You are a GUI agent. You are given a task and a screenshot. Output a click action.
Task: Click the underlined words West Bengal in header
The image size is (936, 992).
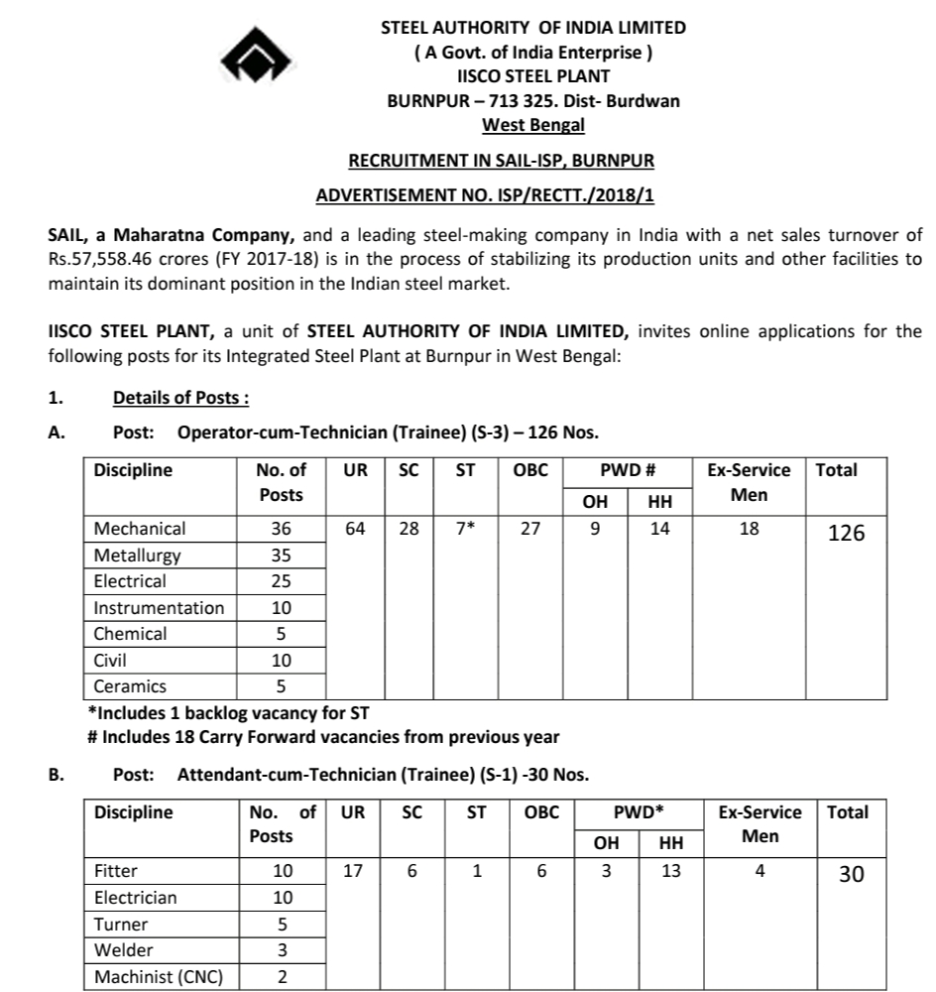pos(533,125)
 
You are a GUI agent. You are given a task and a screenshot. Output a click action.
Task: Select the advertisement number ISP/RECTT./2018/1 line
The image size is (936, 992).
pos(485,195)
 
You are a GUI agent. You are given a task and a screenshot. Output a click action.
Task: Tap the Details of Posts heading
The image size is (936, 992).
pos(179,398)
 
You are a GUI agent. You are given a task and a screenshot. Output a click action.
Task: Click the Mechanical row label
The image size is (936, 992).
pos(140,529)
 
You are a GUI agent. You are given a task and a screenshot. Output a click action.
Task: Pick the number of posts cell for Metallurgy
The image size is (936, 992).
pos(282,556)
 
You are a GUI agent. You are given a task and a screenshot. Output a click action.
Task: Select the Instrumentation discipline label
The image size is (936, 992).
pos(159,607)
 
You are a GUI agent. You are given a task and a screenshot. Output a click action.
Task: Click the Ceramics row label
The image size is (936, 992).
pos(130,685)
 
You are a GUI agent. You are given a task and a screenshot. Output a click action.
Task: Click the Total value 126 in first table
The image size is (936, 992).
pos(846,533)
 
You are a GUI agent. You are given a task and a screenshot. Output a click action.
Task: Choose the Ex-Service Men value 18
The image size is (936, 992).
pos(749,529)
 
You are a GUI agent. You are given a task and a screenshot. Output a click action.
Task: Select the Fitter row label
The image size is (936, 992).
pos(116,871)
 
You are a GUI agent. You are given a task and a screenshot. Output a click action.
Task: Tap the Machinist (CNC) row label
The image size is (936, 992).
pos(159,977)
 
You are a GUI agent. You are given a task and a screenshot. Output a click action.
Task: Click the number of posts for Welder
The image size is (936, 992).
pos(283,950)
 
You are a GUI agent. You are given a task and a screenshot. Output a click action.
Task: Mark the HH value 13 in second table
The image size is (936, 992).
pos(671,871)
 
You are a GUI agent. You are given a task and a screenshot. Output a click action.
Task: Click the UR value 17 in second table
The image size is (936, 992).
pos(352,871)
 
